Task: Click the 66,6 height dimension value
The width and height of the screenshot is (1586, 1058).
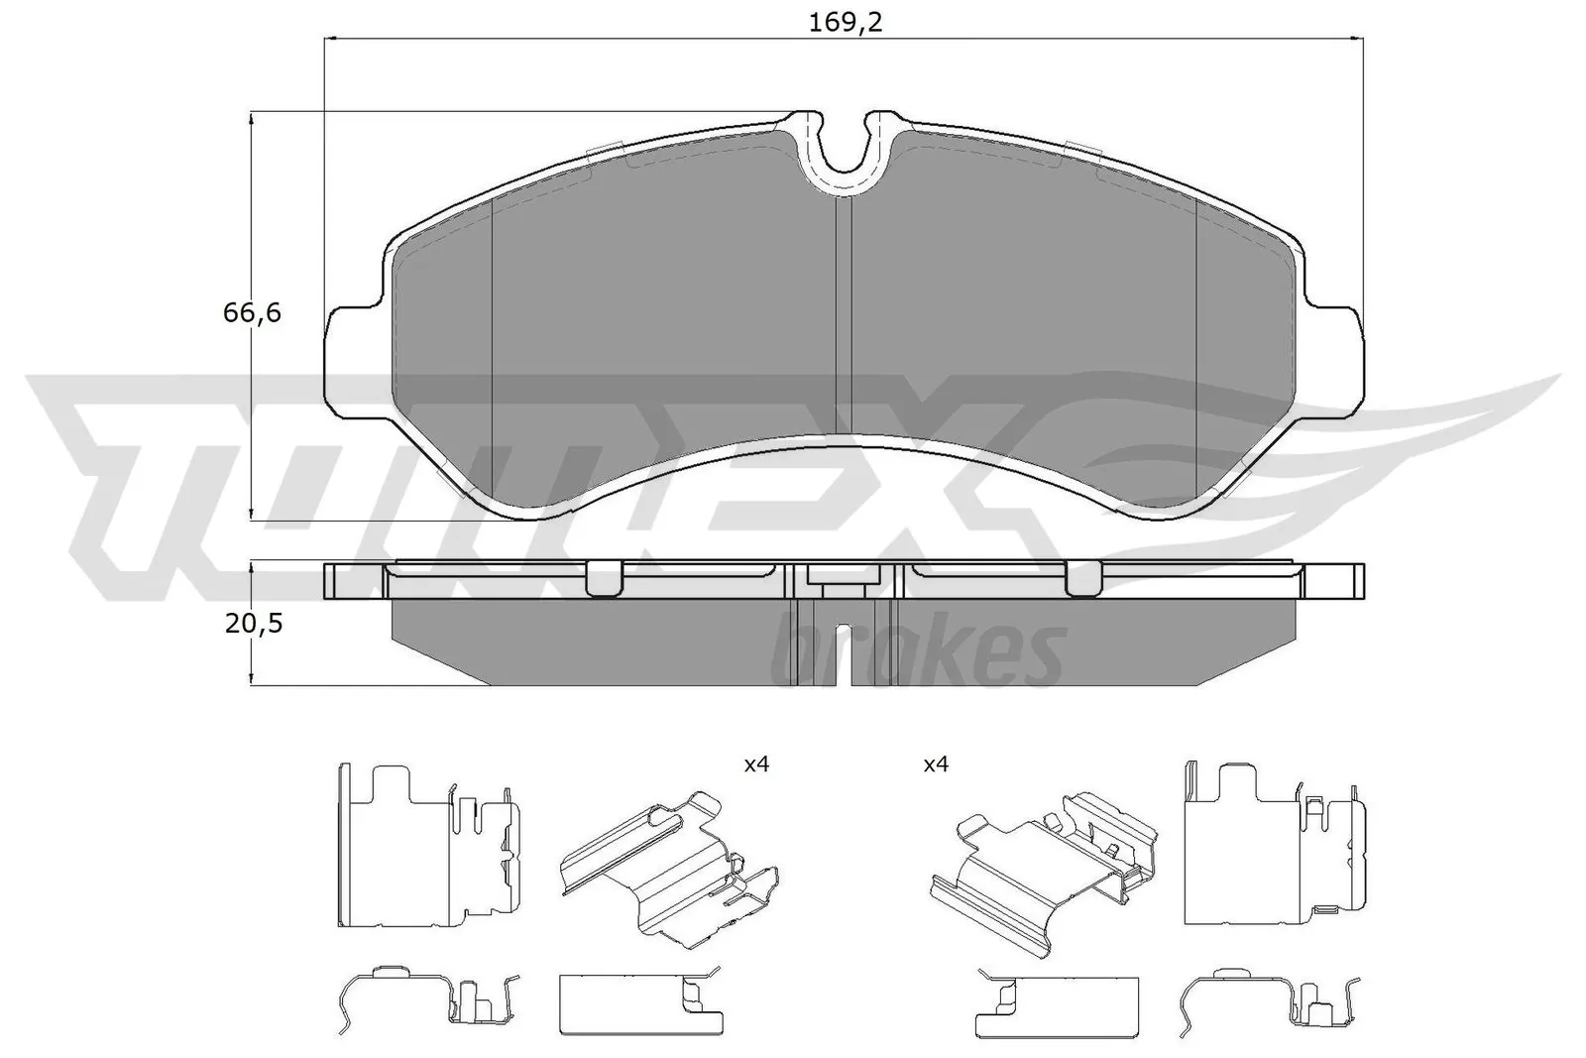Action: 252,313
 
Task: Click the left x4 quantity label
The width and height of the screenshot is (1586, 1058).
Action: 756,764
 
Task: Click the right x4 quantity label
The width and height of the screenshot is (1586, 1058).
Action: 936,764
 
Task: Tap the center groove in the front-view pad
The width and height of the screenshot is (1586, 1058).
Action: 844,317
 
